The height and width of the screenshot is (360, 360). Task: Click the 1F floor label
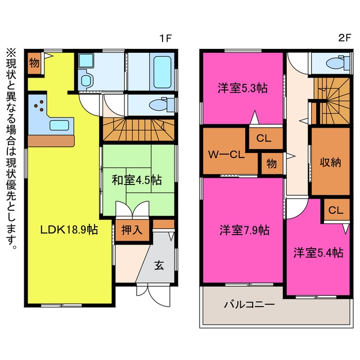(165, 38)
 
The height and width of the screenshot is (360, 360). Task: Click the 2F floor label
(345, 38)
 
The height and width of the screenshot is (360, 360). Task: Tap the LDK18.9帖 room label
(69, 229)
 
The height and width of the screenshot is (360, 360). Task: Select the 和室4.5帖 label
(137, 180)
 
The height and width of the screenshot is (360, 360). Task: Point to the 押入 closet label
(132, 229)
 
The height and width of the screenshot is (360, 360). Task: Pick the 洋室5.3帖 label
(242, 88)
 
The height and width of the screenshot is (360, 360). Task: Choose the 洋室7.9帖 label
(245, 230)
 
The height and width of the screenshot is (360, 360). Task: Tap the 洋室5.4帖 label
(318, 253)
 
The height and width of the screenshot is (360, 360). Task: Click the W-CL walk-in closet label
(226, 155)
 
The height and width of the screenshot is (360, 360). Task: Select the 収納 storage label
(330, 163)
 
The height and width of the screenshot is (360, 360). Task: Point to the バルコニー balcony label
(249, 305)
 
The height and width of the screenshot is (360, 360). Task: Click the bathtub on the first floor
(163, 73)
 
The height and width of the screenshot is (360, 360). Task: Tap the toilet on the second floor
(338, 62)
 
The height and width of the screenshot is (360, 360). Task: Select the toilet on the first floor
(162, 105)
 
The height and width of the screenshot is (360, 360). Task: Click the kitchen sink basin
(59, 125)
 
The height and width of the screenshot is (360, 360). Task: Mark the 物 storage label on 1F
(34, 62)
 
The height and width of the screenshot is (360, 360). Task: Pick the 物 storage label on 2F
(272, 164)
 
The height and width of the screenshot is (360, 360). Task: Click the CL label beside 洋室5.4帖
(336, 210)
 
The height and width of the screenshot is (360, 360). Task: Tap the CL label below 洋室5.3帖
(264, 138)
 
